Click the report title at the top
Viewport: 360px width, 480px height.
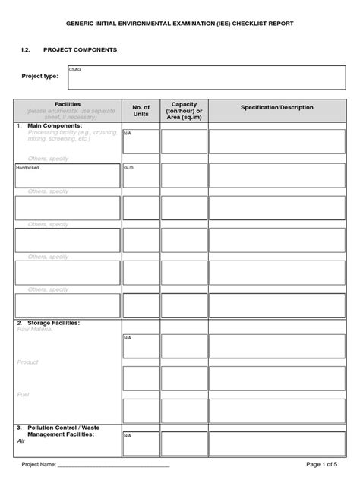179,24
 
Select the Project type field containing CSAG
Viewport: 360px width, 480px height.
207,76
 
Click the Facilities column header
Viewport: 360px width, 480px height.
68,104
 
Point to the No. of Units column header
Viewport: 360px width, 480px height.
141,111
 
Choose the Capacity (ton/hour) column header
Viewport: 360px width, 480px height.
184,110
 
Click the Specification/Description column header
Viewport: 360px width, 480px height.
276,108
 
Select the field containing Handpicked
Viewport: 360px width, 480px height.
68,175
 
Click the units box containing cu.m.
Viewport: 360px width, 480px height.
141,175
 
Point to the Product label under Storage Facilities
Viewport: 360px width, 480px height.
27,362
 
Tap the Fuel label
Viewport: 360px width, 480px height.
23,394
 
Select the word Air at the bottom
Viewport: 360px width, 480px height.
21,441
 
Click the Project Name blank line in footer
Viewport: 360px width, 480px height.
114,464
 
